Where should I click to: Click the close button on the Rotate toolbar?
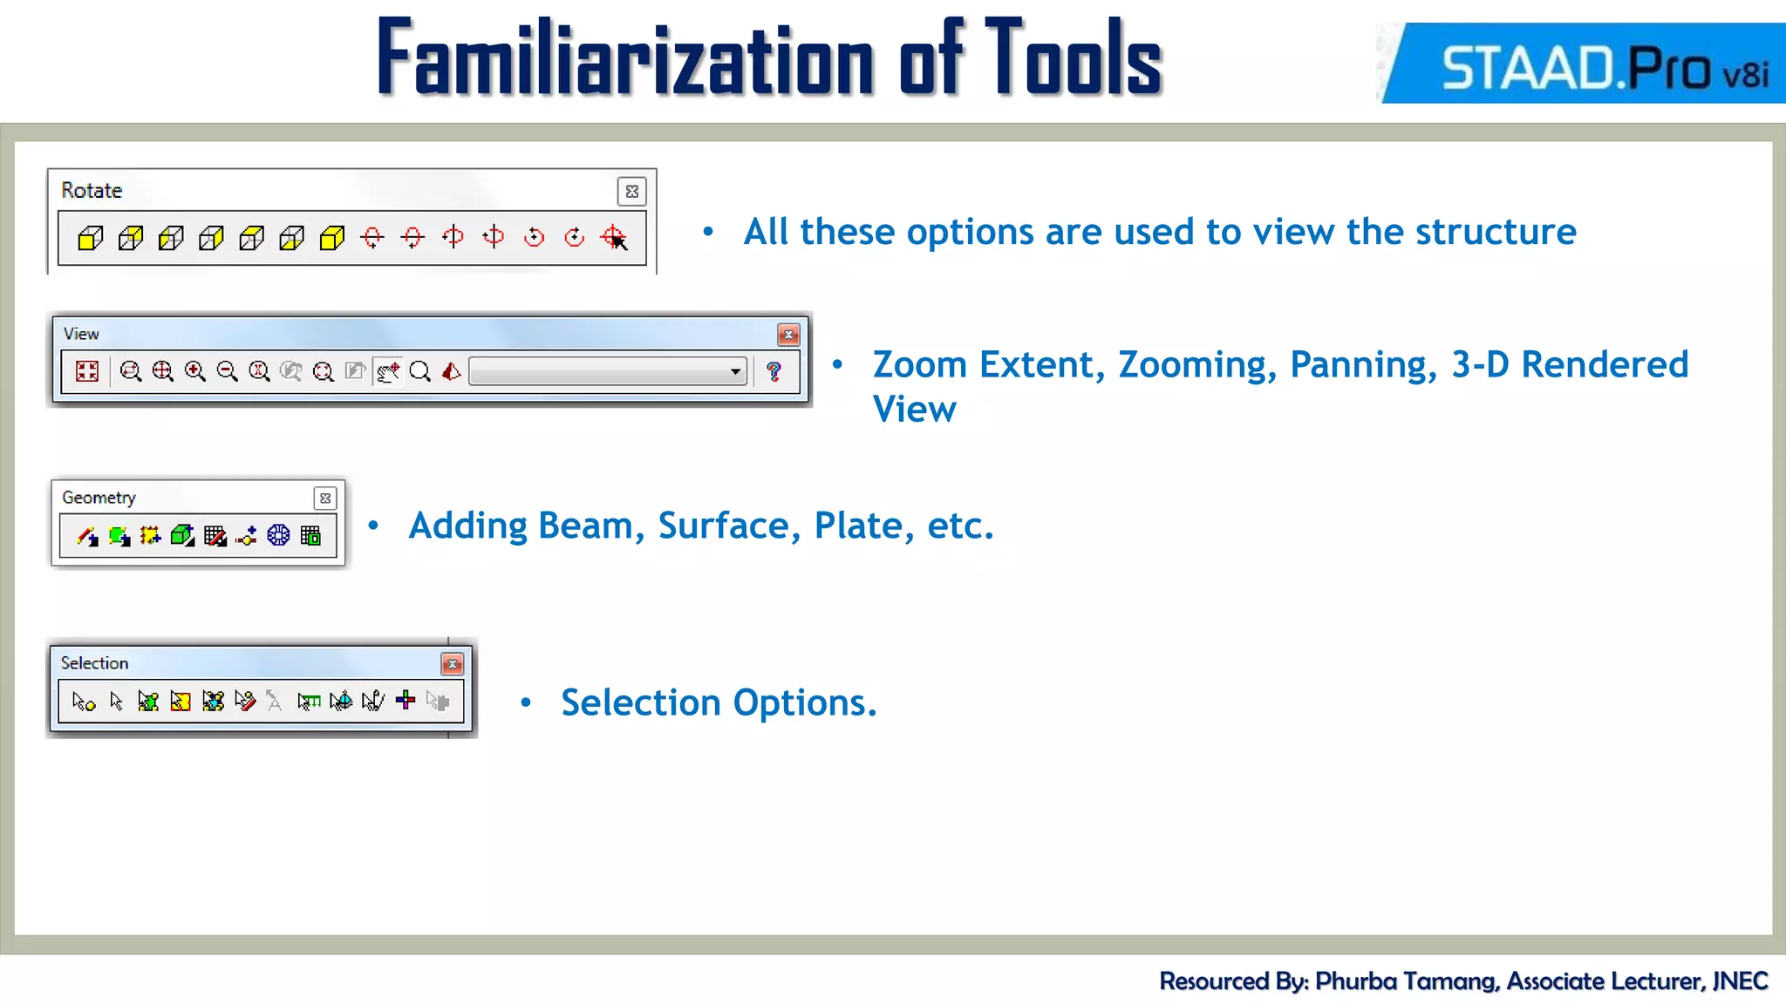click(x=632, y=191)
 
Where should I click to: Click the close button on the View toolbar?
click(x=788, y=335)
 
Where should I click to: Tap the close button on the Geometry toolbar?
click(x=325, y=499)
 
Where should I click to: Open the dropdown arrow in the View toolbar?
click(x=736, y=372)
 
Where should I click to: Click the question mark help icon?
click(x=774, y=372)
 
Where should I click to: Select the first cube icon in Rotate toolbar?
click(x=91, y=238)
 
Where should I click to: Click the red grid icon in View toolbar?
click(x=87, y=372)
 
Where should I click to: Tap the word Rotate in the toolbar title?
click(x=92, y=191)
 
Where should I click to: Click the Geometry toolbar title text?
click(x=99, y=498)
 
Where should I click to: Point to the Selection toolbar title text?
click(x=94, y=663)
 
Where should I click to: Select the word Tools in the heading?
click(x=1074, y=59)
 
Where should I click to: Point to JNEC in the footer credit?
click(x=1740, y=981)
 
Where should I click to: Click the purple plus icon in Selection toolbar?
click(x=406, y=701)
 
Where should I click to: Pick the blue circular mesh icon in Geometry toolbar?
click(x=278, y=535)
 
